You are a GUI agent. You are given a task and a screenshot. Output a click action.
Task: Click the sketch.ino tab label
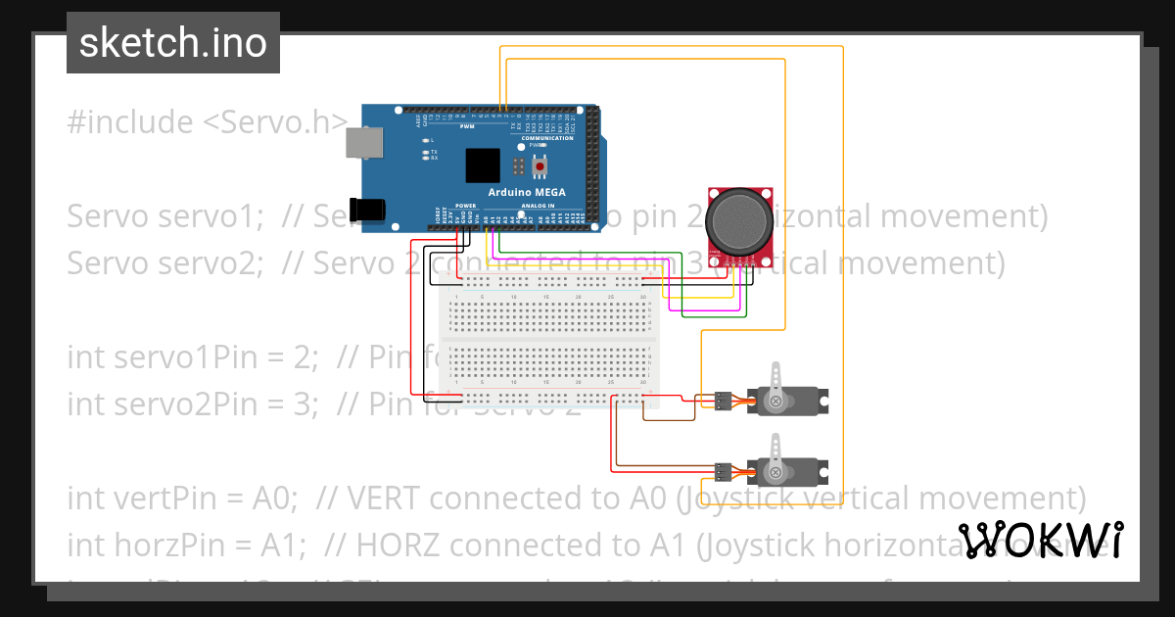(x=173, y=43)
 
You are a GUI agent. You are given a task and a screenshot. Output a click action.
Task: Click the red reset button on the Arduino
(x=539, y=166)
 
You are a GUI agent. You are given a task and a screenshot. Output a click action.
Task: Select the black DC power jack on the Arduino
(x=368, y=209)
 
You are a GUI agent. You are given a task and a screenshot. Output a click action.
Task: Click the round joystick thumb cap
(x=739, y=220)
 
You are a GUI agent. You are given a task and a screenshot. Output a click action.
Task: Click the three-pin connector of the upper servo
(x=722, y=401)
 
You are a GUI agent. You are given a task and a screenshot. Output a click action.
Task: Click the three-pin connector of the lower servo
(x=722, y=474)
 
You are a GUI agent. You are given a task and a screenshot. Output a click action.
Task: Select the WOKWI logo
(x=1041, y=540)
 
